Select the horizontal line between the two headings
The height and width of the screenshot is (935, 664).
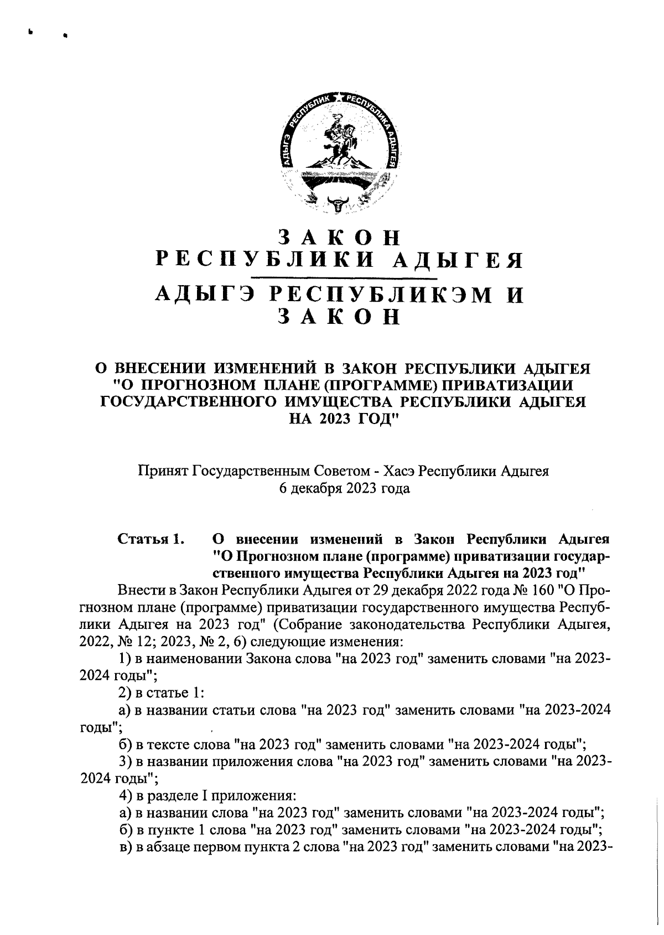coord(344,277)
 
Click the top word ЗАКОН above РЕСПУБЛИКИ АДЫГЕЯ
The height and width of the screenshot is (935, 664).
coord(339,237)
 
